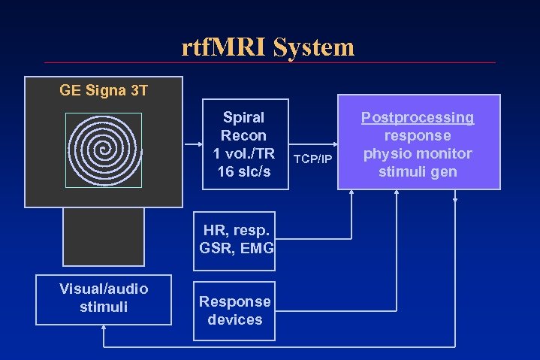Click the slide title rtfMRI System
[267, 48]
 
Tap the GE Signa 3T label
[104, 92]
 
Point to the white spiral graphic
[104, 150]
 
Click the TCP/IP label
[312, 159]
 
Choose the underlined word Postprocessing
[418, 117]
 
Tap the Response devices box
[235, 310]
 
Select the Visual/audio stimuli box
[104, 298]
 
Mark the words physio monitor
[418, 154]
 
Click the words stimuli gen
[418, 172]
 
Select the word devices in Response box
[235, 319]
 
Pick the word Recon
[243, 136]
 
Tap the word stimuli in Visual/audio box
[104, 307]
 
